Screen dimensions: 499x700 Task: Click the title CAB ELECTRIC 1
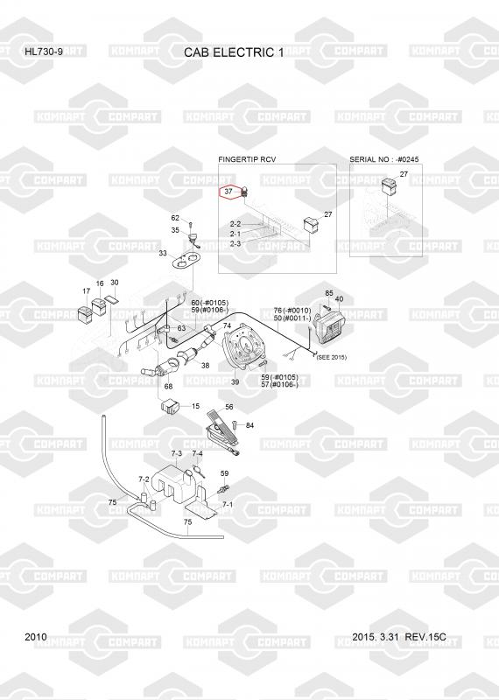click(234, 52)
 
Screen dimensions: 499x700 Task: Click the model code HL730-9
click(44, 52)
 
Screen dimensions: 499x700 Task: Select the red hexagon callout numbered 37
click(228, 192)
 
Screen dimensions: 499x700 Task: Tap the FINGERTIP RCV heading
click(247, 159)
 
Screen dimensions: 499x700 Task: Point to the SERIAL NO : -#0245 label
click(384, 159)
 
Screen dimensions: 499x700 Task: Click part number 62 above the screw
click(175, 218)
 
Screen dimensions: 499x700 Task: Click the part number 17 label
click(86, 291)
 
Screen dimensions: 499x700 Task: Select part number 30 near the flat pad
click(115, 283)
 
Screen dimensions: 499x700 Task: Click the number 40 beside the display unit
click(339, 299)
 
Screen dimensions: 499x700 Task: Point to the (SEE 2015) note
click(331, 357)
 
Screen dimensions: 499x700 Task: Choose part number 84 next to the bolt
click(249, 425)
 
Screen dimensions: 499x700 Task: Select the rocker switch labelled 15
click(169, 407)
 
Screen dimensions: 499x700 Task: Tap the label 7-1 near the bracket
click(228, 505)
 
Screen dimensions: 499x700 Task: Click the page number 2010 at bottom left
click(36, 637)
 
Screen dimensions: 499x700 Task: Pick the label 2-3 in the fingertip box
click(235, 244)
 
